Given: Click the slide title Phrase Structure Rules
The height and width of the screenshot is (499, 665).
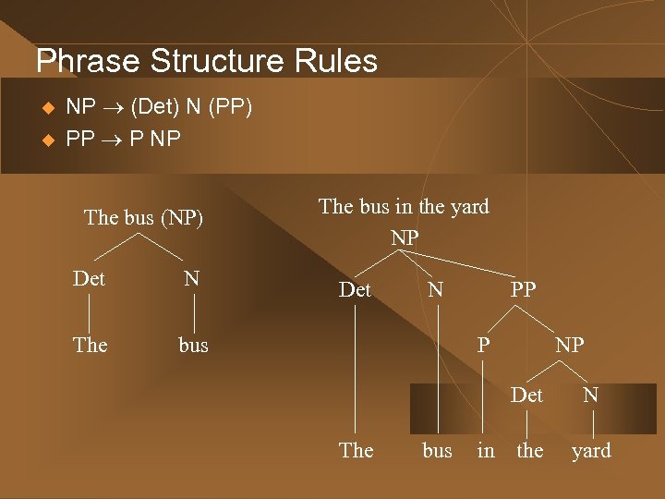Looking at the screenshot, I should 206,61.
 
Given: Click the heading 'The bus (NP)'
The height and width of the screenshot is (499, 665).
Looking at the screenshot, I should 143,218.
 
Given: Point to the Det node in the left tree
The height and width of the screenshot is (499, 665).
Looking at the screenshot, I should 89,278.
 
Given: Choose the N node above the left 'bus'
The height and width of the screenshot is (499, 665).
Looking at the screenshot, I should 191,278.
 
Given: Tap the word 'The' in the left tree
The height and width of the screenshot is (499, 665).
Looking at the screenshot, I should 90,345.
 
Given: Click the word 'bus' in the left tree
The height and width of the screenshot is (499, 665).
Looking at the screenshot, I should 193,345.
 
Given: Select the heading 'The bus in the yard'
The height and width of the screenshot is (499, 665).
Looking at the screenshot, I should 404,206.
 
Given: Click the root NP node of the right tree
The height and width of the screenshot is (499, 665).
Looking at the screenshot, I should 405,237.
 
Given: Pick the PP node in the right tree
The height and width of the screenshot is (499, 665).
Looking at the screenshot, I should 523,289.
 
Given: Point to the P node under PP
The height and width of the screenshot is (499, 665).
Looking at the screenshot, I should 483,345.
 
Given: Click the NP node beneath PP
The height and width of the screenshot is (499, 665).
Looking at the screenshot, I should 569,345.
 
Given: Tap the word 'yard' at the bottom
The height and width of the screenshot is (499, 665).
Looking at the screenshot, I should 591,450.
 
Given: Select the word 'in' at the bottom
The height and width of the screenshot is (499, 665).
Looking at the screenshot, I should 486,450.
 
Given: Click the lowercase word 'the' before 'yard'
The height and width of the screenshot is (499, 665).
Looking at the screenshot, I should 530,450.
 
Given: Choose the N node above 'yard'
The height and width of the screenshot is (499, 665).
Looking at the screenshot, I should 590,395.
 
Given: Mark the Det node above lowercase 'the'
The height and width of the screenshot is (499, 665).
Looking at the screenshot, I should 526,395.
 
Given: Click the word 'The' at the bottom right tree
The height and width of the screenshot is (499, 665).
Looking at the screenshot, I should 357,450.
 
